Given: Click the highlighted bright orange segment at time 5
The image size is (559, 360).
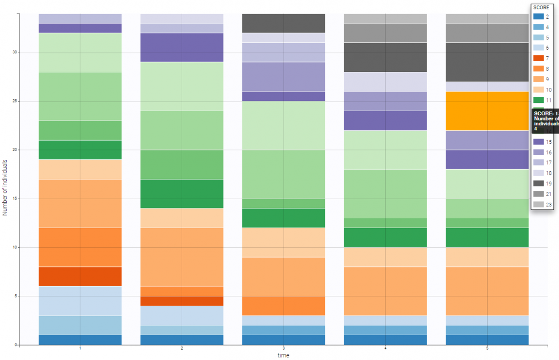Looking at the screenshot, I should [487, 111].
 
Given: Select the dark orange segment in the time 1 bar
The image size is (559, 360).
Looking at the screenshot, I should [80, 276].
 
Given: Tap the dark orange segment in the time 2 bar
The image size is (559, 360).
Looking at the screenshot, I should [182, 301].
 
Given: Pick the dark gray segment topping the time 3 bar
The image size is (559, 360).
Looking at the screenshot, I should [284, 23].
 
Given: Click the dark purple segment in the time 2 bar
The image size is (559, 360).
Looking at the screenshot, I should [182, 48].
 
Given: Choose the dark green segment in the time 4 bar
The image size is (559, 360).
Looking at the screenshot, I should [386, 237].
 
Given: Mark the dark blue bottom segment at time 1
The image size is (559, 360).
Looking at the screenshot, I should [80, 340].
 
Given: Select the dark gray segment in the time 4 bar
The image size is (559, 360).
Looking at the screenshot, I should [386, 57].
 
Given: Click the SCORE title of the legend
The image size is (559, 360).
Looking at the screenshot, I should [541, 8].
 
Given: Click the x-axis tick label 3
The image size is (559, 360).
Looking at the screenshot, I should [284, 349].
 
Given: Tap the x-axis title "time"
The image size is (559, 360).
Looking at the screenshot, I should [283, 355].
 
